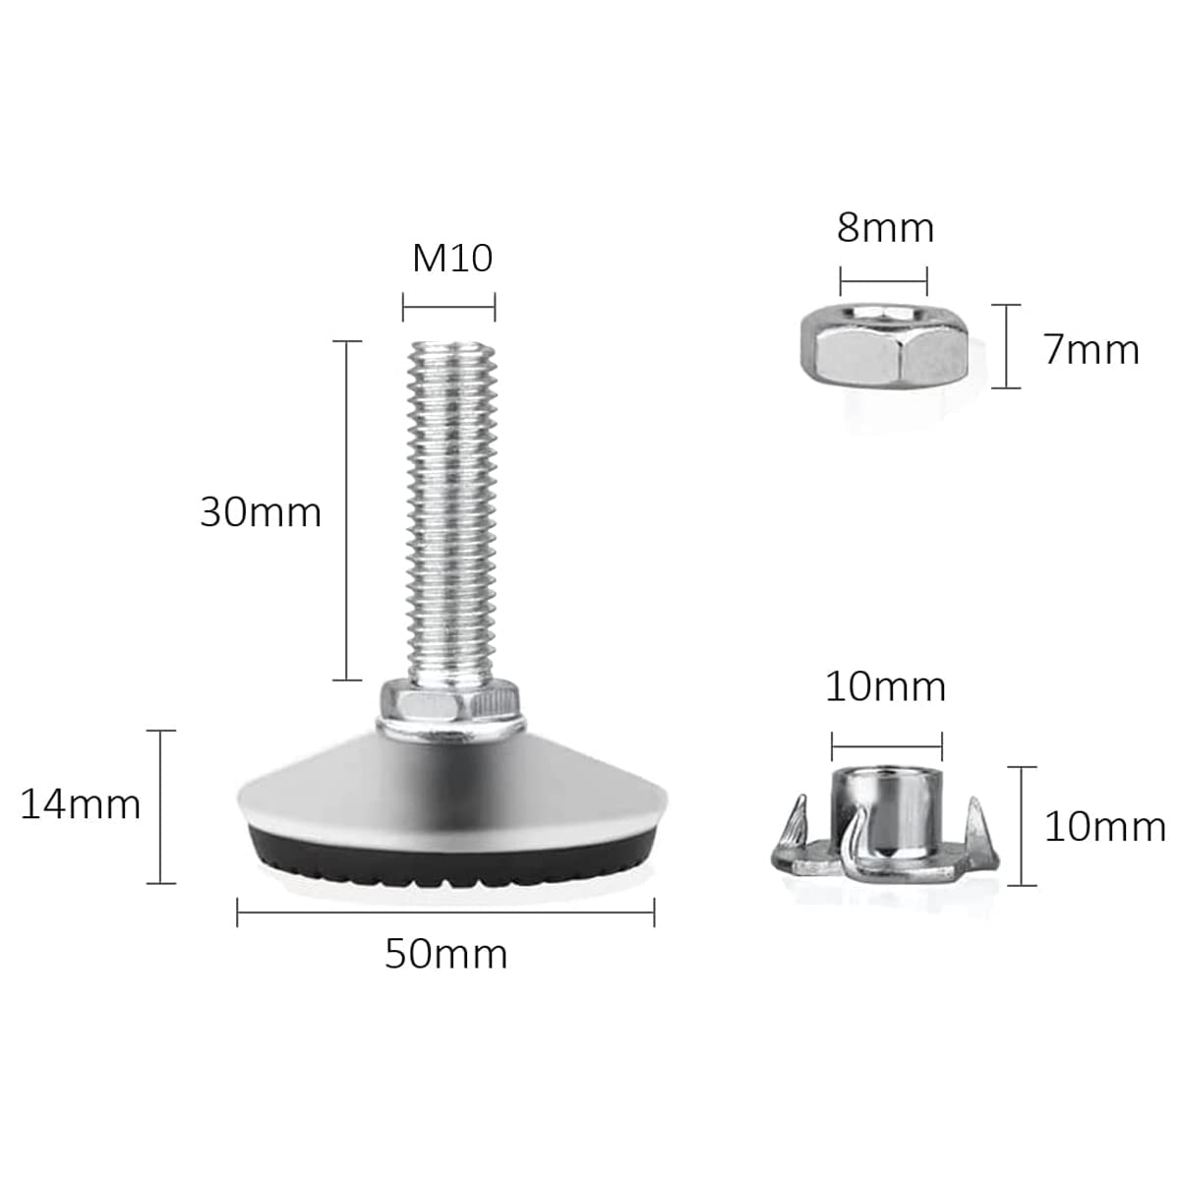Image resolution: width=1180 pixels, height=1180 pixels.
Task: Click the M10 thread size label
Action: tap(452, 259)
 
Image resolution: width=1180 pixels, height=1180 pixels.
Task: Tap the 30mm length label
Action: tap(261, 512)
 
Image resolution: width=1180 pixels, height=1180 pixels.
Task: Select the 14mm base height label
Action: tap(81, 804)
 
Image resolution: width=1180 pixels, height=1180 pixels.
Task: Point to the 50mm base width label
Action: tap(445, 954)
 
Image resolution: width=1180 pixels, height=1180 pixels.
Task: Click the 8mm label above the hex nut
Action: tap(885, 228)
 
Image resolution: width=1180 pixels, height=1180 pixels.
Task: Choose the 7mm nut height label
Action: tap(1091, 350)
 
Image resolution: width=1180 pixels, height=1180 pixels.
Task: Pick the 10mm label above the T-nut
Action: tap(885, 687)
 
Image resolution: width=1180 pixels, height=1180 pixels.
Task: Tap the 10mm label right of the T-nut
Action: tap(1104, 827)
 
